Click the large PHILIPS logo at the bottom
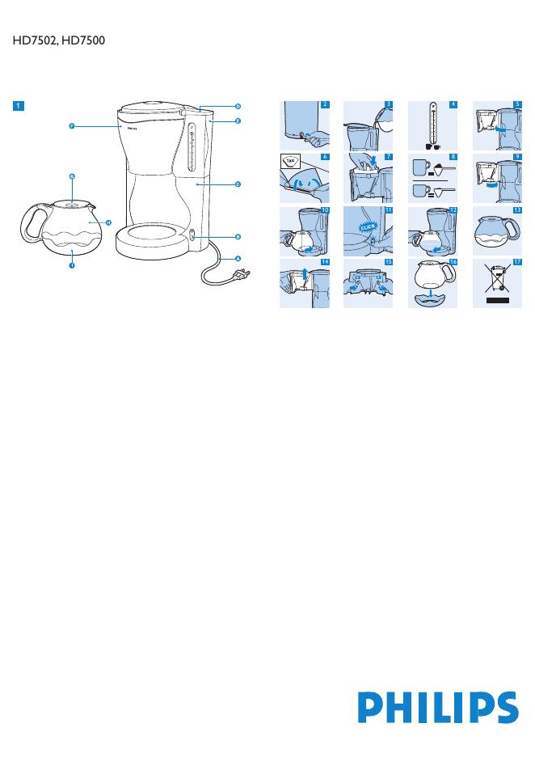click(x=437, y=706)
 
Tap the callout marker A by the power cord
click(x=238, y=258)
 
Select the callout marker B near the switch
click(x=238, y=237)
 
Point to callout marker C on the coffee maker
click(x=238, y=184)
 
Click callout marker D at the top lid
click(x=238, y=107)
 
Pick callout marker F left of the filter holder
click(x=71, y=126)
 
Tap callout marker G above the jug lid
click(x=71, y=176)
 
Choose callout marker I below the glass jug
click(x=71, y=265)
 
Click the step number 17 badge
click(x=518, y=262)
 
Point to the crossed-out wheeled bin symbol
click(x=497, y=280)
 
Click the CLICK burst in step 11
click(x=368, y=227)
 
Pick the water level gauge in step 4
click(x=432, y=123)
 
